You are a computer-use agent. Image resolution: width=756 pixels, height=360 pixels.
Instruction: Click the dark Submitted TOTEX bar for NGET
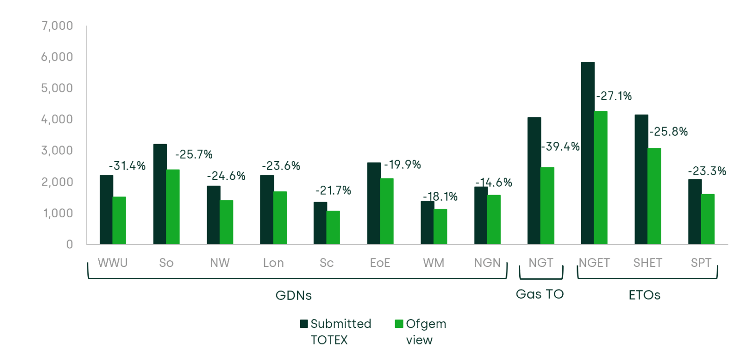pyautogui.click(x=587, y=153)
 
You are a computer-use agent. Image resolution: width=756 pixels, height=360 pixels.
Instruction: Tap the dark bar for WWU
pyautogui.click(x=106, y=210)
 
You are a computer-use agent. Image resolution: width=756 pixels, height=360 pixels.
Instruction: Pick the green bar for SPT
pyautogui.click(x=707, y=219)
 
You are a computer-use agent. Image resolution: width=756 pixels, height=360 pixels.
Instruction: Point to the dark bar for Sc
pyautogui.click(x=320, y=223)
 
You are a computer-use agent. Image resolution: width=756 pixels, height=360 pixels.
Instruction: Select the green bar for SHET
pyautogui.click(x=654, y=196)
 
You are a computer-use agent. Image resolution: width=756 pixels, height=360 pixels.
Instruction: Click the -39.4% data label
pyautogui.click(x=560, y=146)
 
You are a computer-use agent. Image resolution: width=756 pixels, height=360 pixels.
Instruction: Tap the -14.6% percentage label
pyautogui.click(x=494, y=182)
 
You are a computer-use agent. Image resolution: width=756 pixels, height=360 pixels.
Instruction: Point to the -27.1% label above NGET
pyautogui.click(x=614, y=96)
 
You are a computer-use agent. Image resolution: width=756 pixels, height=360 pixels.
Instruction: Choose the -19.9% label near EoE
pyautogui.click(x=402, y=164)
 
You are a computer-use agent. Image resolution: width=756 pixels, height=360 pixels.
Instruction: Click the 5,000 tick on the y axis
pyautogui.click(x=57, y=88)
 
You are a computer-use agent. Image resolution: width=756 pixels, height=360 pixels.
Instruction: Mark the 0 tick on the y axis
pyautogui.click(x=69, y=244)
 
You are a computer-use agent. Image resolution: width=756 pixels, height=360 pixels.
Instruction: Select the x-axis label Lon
pyautogui.click(x=273, y=263)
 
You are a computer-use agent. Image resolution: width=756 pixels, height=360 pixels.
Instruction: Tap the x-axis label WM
pyautogui.click(x=433, y=263)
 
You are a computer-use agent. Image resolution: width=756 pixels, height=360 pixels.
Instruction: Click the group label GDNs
pyautogui.click(x=293, y=295)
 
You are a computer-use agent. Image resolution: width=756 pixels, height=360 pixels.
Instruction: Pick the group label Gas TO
pyautogui.click(x=540, y=294)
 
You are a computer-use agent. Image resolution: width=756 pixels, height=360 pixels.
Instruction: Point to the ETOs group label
pyautogui.click(x=644, y=295)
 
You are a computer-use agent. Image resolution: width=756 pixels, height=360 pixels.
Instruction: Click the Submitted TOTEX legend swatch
pyautogui.click(x=304, y=324)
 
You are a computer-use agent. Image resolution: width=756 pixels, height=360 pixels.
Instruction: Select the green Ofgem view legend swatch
pyautogui.click(x=399, y=324)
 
